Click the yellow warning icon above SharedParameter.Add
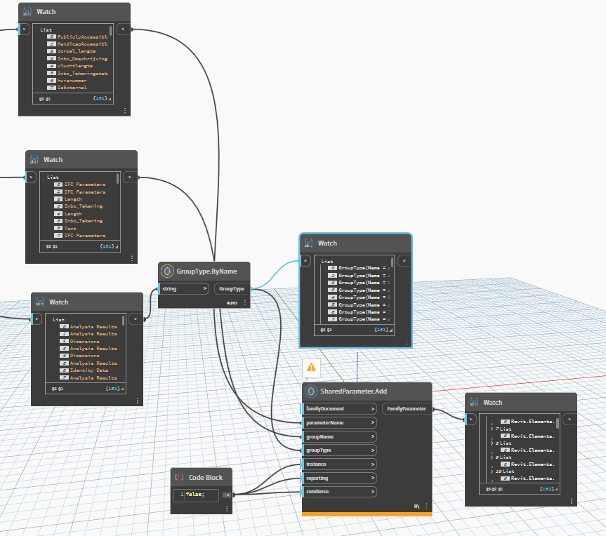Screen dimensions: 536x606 (311, 366)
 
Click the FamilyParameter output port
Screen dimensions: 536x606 (408, 408)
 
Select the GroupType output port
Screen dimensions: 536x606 (232, 288)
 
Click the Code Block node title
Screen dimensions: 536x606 (205, 477)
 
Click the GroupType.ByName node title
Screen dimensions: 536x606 (207, 271)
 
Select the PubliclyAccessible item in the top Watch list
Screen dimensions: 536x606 (82, 36)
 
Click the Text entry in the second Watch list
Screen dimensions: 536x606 (70, 229)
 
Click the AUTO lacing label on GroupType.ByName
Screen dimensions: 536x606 (232, 303)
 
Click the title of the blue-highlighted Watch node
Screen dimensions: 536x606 (327, 243)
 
